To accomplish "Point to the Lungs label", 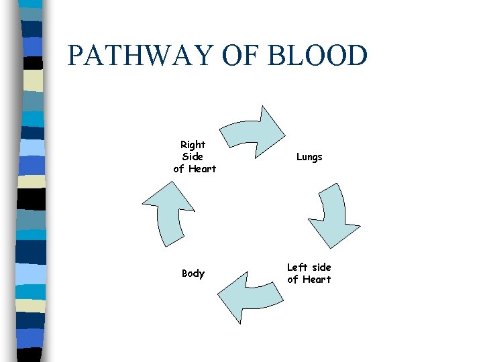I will (x=309, y=157).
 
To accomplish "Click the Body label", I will (x=193, y=274).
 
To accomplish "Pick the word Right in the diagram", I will (x=193, y=144).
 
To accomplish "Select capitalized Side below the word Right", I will (x=193, y=156).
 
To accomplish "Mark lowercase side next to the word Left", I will (x=321, y=267).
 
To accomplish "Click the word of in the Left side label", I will (x=292, y=280).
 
